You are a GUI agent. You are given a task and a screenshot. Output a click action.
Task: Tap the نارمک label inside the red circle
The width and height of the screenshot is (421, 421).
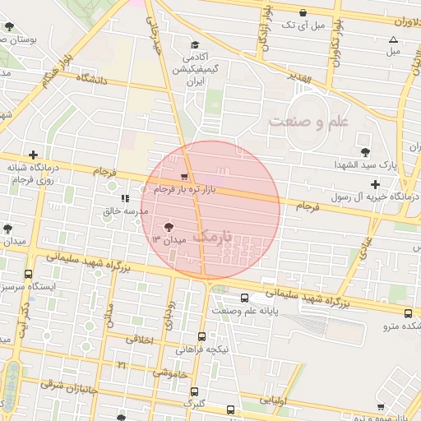[x=211, y=236]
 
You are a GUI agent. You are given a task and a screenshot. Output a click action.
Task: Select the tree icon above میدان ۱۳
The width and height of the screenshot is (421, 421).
[x=169, y=226]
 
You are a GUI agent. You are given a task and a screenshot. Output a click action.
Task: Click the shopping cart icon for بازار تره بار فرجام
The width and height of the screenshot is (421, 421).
[x=183, y=176]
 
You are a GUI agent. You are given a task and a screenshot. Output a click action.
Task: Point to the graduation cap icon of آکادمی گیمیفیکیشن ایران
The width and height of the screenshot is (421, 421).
[x=195, y=45]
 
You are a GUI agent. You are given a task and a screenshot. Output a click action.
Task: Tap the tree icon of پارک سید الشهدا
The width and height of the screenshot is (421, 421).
[x=364, y=151]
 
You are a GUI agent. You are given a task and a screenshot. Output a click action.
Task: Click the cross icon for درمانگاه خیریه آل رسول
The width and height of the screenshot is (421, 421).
[x=376, y=184]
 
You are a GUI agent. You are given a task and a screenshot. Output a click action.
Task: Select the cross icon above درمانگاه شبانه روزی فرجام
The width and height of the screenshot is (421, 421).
[x=33, y=155]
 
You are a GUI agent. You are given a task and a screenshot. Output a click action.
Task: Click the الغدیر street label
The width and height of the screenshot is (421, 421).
[x=302, y=77]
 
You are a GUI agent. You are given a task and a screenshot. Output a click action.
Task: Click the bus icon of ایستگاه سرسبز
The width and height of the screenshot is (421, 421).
[x=29, y=274]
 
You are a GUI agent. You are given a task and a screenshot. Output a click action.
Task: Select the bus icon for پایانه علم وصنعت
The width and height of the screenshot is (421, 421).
[x=246, y=298]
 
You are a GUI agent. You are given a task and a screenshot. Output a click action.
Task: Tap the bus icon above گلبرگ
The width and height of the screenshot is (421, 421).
[x=195, y=391]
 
